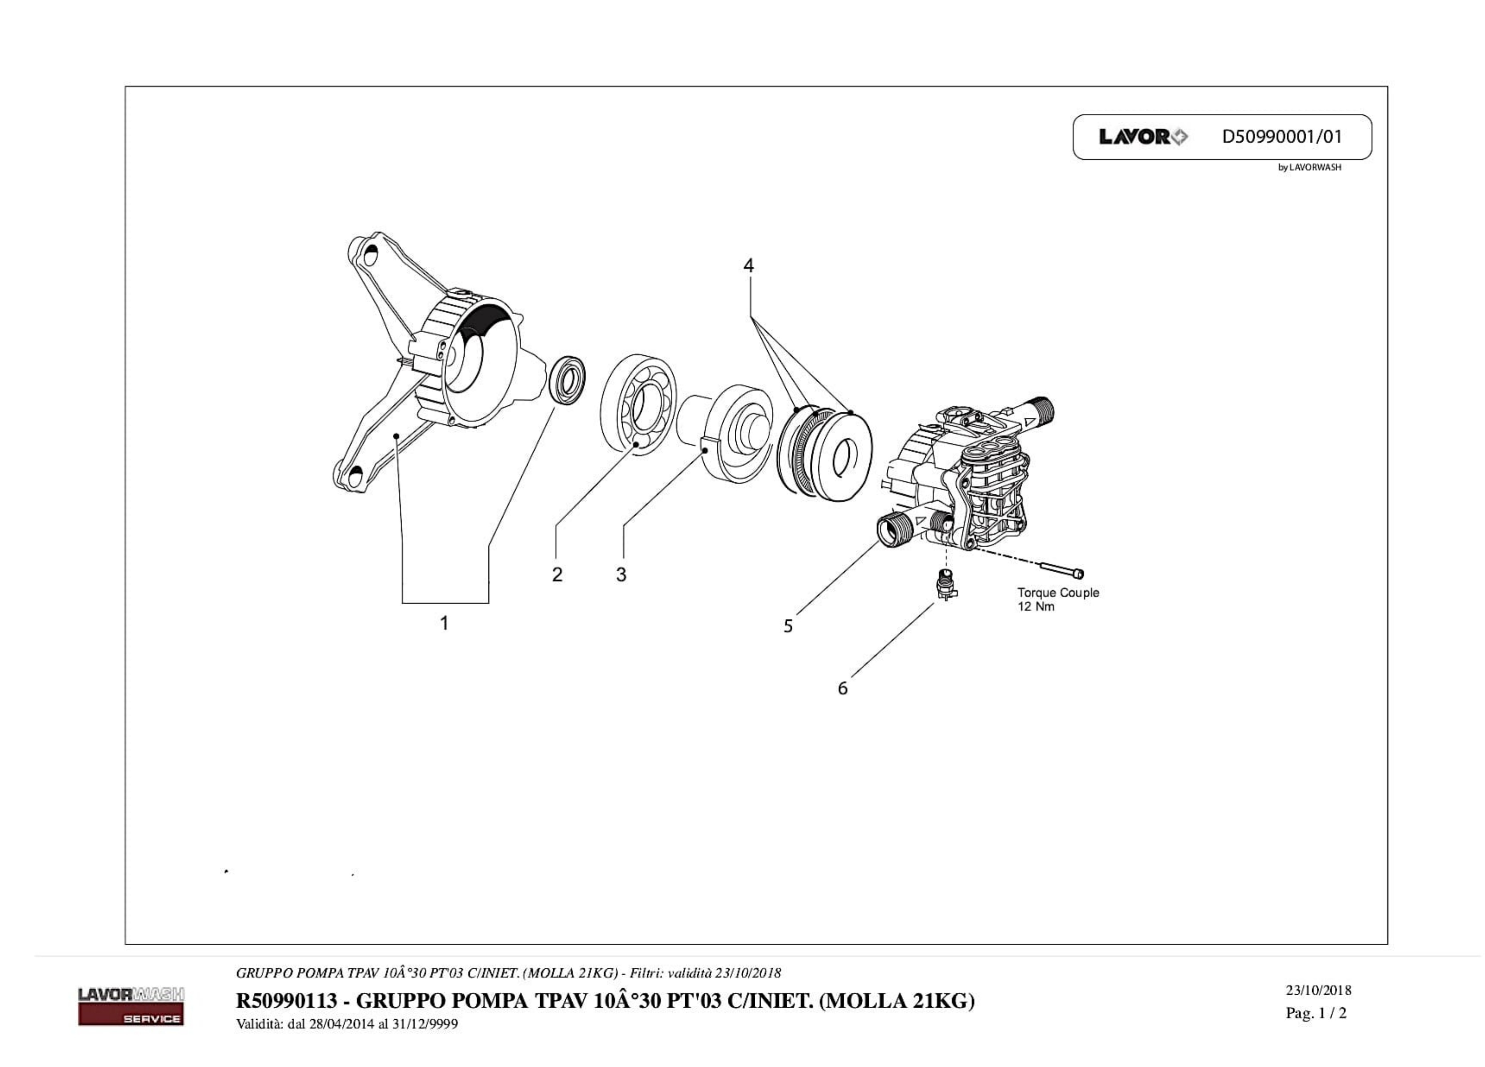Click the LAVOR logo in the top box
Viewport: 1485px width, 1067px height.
1143,137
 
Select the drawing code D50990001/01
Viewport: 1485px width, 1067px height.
1281,137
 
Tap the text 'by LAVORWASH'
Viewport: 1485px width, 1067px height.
1310,168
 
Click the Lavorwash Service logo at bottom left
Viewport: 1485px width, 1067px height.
131,1006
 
